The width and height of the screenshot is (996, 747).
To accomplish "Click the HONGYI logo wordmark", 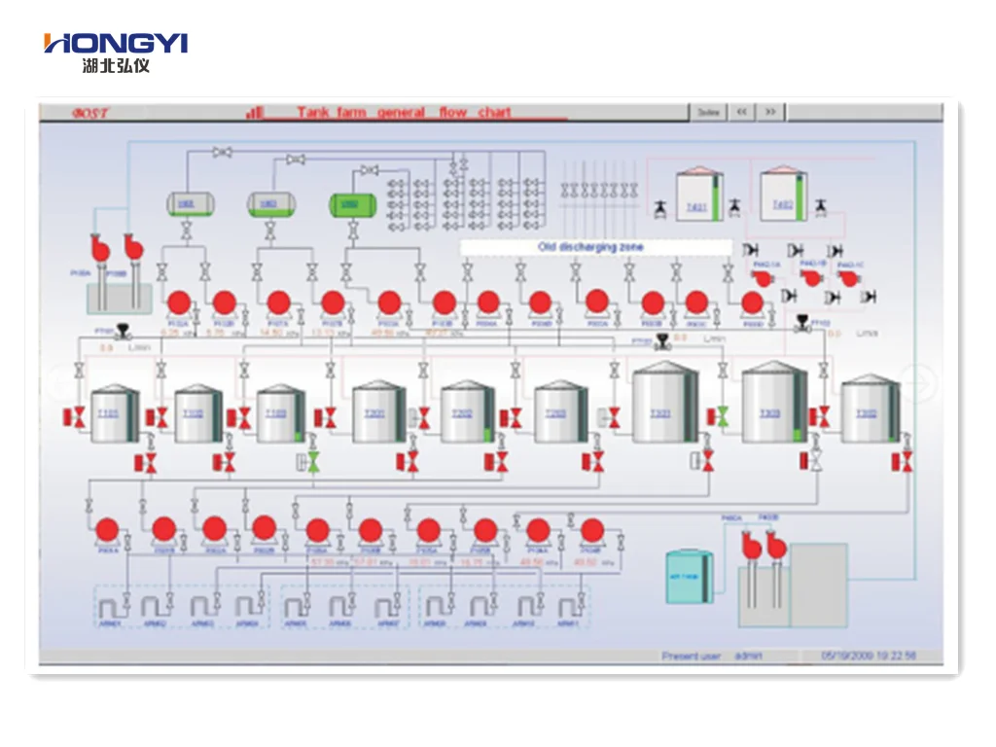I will click(x=116, y=43).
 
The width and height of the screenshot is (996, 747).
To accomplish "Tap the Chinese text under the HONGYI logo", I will click(x=116, y=65).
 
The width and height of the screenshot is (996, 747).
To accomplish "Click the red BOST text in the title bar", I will click(x=90, y=113).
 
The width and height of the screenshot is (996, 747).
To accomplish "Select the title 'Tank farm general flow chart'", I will click(x=404, y=113).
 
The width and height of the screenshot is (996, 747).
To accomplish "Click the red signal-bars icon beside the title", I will click(x=255, y=113).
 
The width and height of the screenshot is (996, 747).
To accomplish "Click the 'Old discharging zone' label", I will click(x=590, y=247).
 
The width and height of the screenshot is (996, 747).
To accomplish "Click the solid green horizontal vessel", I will click(x=348, y=204).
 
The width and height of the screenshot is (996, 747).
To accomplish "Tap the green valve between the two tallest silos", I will click(x=722, y=415).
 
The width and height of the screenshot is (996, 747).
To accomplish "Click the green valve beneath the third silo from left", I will click(x=313, y=460).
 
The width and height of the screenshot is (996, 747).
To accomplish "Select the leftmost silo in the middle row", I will click(x=115, y=414).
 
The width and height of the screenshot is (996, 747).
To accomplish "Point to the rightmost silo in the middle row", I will click(x=869, y=411).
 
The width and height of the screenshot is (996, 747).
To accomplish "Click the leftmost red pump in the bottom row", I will click(x=107, y=529).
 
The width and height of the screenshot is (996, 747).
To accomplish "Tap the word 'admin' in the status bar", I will click(x=749, y=657).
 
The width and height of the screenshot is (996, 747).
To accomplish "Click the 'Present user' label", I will click(x=691, y=657).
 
